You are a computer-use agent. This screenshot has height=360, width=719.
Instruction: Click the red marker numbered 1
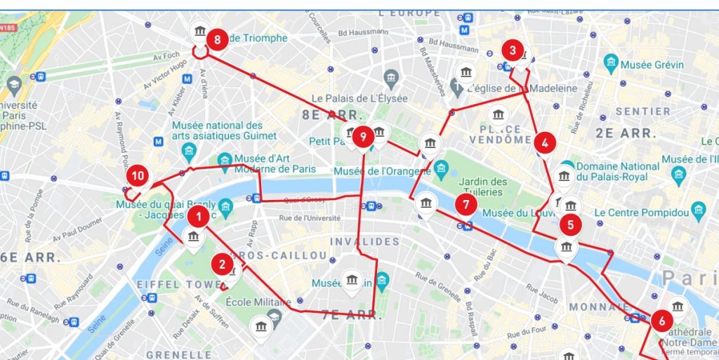tap(199, 217)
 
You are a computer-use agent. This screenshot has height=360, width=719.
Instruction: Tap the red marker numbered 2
tap(223, 265)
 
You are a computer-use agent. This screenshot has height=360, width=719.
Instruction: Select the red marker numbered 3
tap(513, 51)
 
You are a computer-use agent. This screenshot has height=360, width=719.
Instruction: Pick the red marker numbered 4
tap(545, 142)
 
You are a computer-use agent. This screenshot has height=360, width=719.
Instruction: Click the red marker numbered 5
tap(570, 225)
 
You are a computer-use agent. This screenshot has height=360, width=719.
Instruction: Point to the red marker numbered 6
tap(661, 321)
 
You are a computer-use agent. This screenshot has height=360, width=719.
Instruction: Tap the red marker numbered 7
tap(466, 204)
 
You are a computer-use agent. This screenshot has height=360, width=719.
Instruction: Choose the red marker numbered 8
tap(217, 39)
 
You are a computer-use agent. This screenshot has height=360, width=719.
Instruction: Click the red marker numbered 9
tap(363, 137)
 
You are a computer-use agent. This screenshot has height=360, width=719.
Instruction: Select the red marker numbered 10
tap(138, 175)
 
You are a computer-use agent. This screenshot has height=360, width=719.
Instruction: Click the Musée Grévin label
tap(654, 65)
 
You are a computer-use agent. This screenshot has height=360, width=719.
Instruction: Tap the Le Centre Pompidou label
tap(640, 211)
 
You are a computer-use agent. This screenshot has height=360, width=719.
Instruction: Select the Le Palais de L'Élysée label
tap(359, 99)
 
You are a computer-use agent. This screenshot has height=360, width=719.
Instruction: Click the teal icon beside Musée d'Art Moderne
tap(225, 161)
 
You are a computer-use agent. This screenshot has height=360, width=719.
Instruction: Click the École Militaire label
tap(258, 302)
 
